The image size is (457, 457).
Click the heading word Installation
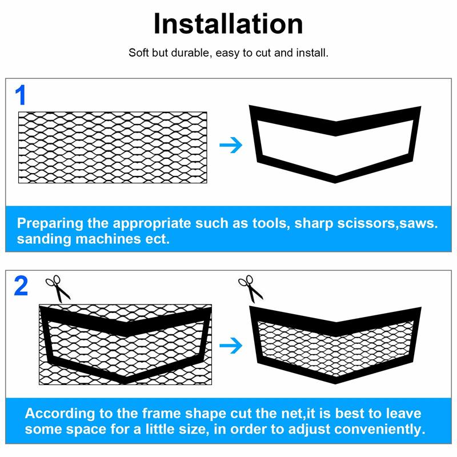click(228, 24)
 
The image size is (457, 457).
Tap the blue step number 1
click(21, 95)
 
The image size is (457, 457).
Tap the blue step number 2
click(21, 286)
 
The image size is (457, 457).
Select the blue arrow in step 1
click(231, 145)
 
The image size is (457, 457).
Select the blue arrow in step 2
click(231, 344)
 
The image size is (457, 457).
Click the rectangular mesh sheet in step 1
click(113, 147)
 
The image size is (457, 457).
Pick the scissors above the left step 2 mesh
click(57, 288)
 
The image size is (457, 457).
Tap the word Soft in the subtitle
click(139, 53)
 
